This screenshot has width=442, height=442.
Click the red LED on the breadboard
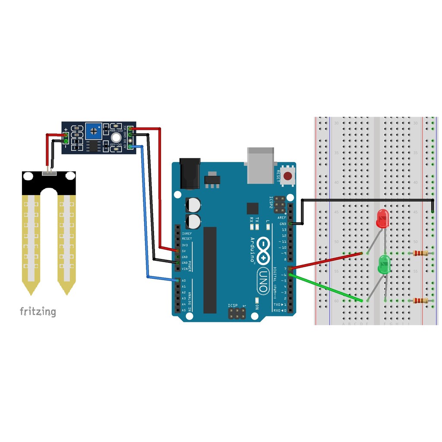[382, 219]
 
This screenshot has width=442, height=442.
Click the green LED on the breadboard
[383, 264]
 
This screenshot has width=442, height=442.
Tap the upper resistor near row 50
[420, 253]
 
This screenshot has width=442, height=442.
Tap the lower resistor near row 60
[420, 300]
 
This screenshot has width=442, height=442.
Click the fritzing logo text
[38, 311]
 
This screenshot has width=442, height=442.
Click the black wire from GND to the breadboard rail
[367, 200]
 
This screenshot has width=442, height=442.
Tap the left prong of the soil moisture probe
[32, 242]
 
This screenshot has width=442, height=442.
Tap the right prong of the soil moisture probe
[67, 242]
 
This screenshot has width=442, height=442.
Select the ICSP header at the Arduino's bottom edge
[237, 314]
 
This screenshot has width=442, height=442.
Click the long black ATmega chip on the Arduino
[210, 269]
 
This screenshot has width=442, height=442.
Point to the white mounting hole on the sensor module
[114, 139]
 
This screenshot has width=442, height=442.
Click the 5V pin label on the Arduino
[184, 251]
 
